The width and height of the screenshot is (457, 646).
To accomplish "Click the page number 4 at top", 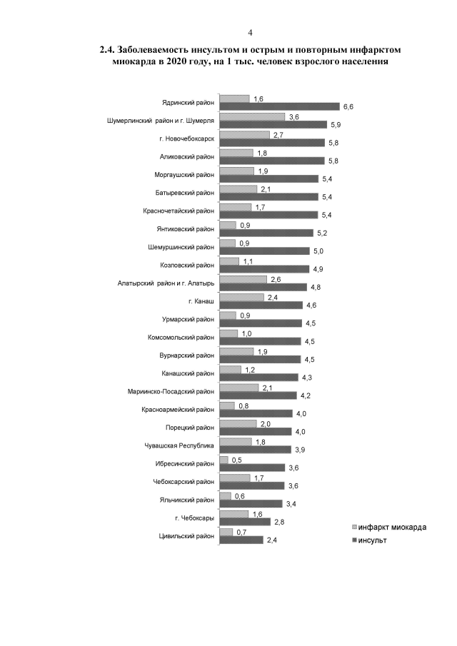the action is point(250,33).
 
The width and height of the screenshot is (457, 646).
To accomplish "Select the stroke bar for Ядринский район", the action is point(279,106).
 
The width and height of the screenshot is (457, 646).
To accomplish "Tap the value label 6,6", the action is point(348,107).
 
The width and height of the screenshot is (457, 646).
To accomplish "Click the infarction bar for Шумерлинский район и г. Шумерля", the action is point(252,117).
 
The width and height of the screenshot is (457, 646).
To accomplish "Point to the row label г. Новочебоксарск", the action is point(187,139).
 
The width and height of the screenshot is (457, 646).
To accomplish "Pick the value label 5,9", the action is point(336,125).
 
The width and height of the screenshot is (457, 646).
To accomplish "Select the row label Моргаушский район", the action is point(184,175).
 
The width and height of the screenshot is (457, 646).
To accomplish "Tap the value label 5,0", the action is point(318,251).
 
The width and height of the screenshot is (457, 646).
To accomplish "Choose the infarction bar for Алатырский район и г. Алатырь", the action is point(243,279).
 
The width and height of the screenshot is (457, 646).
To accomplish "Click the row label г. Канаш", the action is point(201,301).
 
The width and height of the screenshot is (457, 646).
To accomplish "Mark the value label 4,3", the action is point(306,378).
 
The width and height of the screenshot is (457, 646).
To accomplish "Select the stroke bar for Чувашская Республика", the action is point(255,450).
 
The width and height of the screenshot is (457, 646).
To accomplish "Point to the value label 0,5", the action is point(237,460).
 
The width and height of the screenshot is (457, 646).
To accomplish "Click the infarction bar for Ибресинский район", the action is point(224,460).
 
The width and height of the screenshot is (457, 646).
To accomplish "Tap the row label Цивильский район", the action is point(186,536).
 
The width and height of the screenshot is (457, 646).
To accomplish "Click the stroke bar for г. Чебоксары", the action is point(245,522).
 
